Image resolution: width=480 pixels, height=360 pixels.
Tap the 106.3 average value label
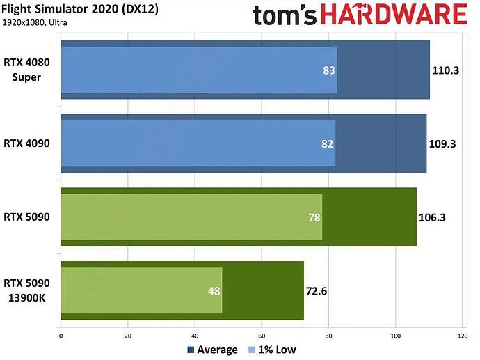click(433, 217)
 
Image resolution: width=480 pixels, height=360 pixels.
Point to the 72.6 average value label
click(317, 290)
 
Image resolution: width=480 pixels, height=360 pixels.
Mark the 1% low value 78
click(314, 217)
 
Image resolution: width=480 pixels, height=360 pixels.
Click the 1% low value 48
click(214, 290)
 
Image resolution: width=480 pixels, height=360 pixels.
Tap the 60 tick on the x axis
click(262, 336)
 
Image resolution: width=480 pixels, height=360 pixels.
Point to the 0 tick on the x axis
click(61, 336)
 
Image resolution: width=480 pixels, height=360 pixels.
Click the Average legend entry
click(212, 350)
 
